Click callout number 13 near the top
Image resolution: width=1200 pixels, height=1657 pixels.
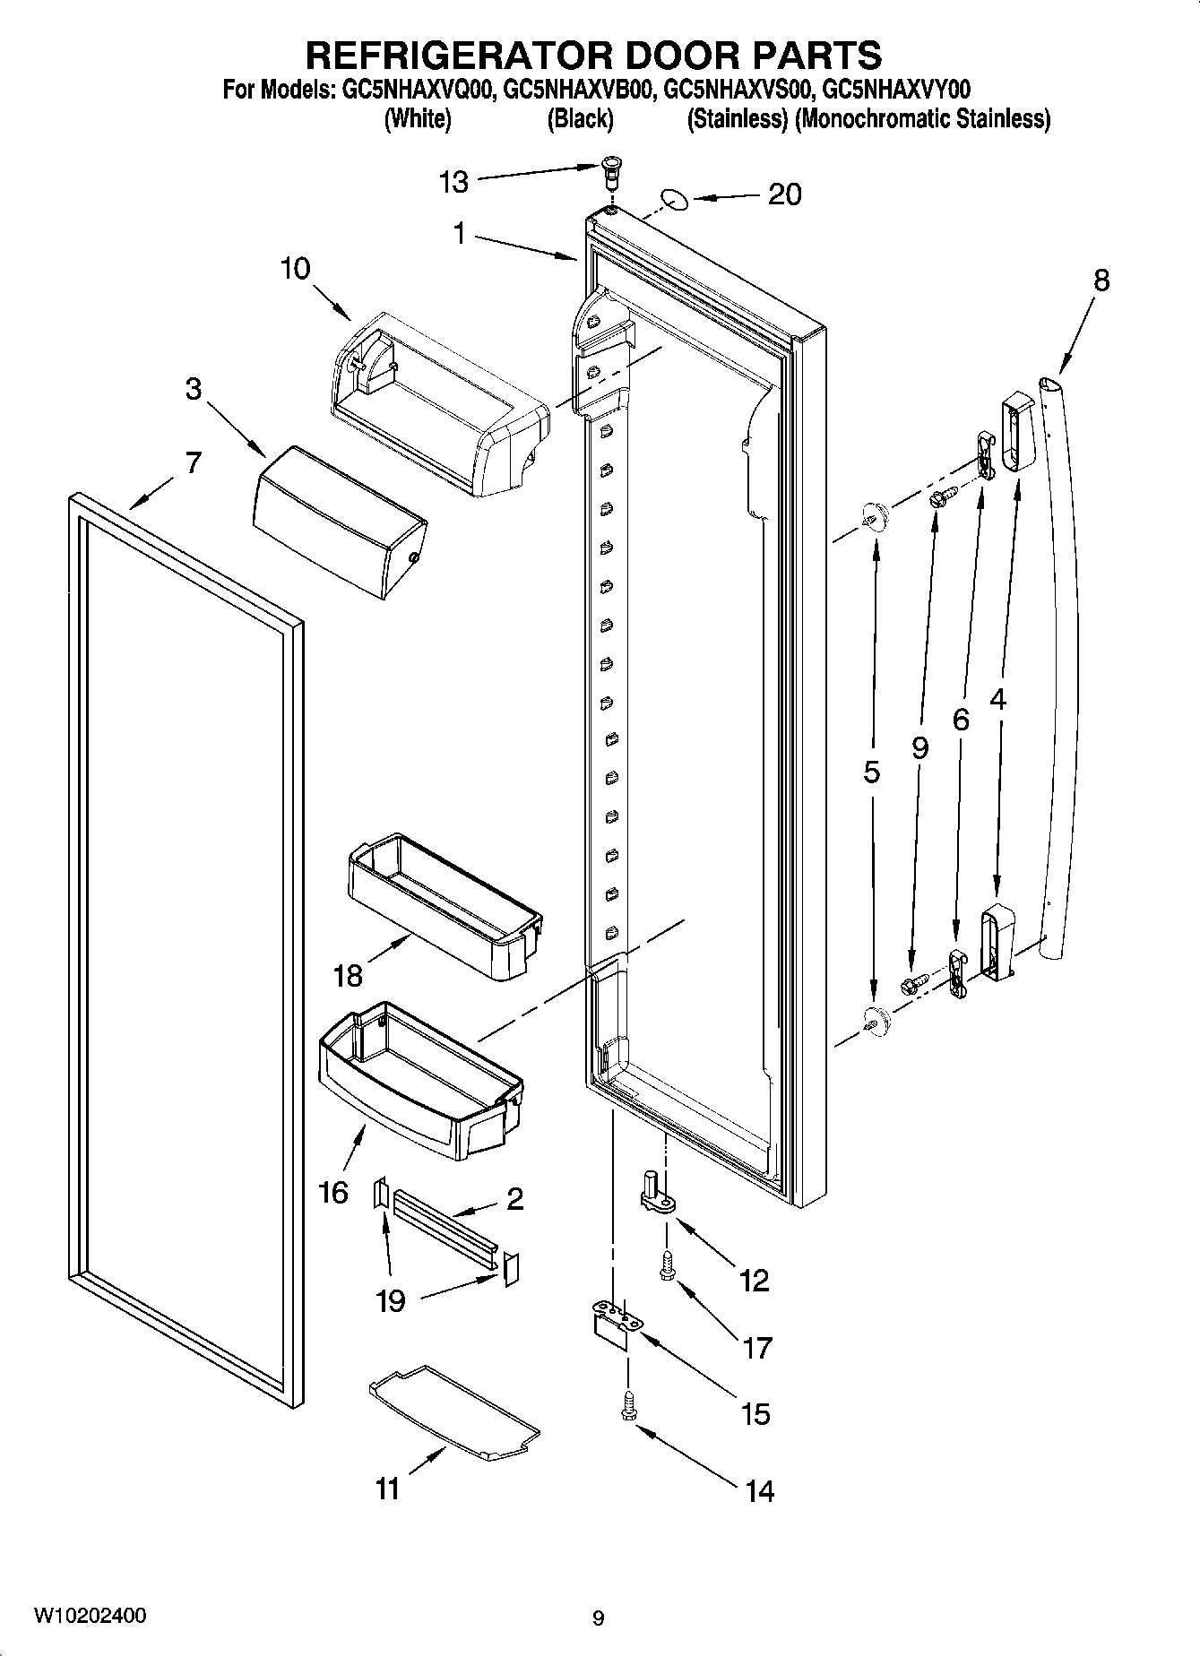coord(453,183)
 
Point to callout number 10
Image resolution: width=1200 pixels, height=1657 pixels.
coord(295,268)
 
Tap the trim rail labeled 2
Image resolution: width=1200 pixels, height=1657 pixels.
coord(445,1224)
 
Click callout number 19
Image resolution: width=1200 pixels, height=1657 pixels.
coord(391,1299)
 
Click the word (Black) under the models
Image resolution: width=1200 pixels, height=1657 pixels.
coord(580,118)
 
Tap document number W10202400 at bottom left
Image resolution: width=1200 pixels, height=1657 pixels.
coord(90,1616)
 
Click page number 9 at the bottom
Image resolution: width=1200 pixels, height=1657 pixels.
coord(598,1618)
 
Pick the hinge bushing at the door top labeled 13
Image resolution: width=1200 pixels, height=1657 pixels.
coord(610,169)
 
